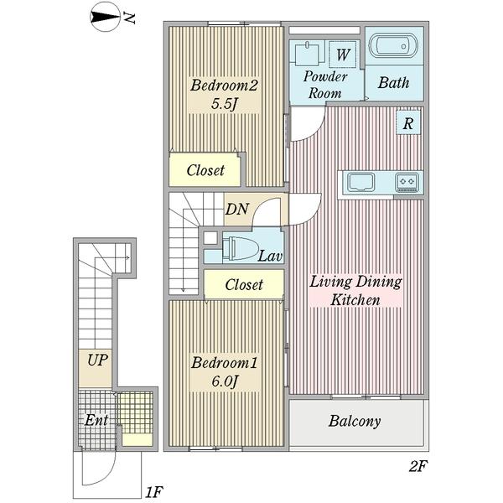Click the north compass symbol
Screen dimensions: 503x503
(x=106, y=16)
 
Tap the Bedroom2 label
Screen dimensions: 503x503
(x=222, y=86)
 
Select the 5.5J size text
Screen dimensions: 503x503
(x=222, y=106)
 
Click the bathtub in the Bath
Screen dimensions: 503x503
(x=393, y=48)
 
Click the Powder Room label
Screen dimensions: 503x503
(x=324, y=85)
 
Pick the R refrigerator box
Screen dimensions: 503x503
(x=407, y=123)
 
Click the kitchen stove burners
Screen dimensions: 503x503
(x=408, y=180)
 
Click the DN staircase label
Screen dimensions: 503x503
(x=236, y=210)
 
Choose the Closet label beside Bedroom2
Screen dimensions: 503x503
(x=205, y=170)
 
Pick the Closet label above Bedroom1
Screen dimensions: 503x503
(x=244, y=285)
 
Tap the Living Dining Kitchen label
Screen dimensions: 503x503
(x=355, y=290)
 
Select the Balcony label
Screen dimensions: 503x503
(x=355, y=421)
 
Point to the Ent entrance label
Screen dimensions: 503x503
(x=95, y=420)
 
